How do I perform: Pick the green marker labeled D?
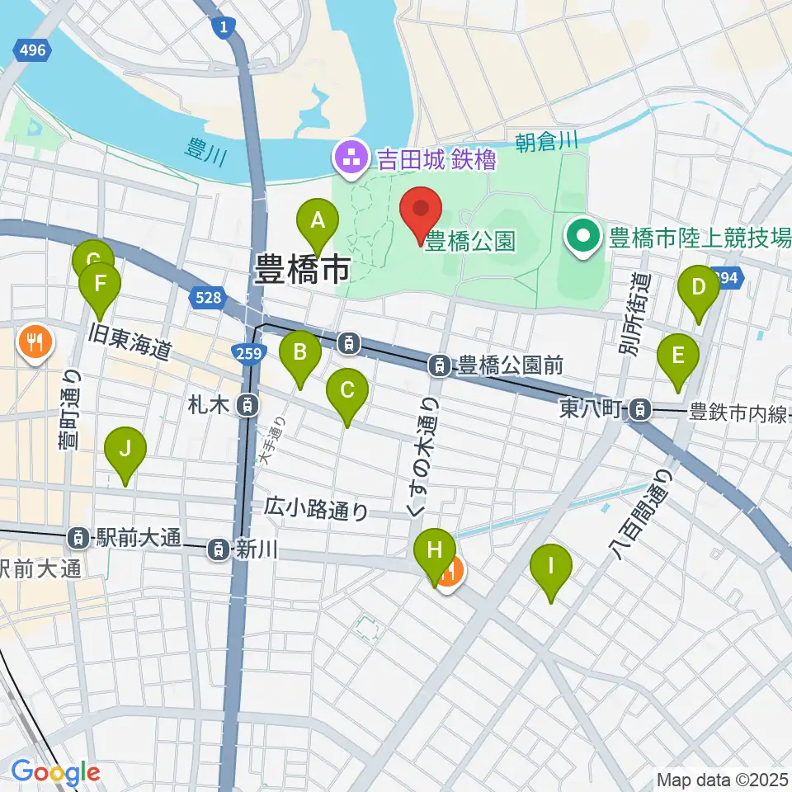(698, 287)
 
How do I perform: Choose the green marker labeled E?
(678, 356)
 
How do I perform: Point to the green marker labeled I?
(552, 567)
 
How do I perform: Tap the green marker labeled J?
(125, 450)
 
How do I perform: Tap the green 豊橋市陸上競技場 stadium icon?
(583, 238)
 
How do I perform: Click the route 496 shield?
(32, 51)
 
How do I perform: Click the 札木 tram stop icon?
(246, 405)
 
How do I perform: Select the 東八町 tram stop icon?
(639, 408)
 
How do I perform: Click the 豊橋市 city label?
(303, 269)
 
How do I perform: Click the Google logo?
(54, 772)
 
